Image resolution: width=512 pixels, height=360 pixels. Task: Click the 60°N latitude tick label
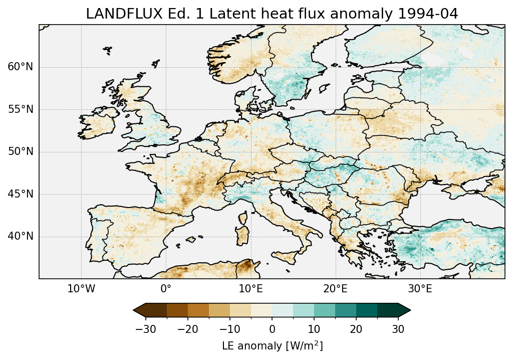(21, 67)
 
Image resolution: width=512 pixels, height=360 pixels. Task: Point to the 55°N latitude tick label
(21, 109)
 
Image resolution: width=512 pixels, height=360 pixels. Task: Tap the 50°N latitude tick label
(21, 151)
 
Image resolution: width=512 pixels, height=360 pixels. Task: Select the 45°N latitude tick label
(21, 194)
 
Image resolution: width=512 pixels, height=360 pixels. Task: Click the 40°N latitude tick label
(21, 236)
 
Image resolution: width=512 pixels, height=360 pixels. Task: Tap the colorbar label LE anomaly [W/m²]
(272, 346)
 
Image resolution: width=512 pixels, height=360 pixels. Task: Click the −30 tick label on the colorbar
(146, 329)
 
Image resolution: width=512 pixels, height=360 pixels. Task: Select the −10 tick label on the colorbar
(230, 329)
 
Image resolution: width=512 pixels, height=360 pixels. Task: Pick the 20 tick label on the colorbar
(356, 329)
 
